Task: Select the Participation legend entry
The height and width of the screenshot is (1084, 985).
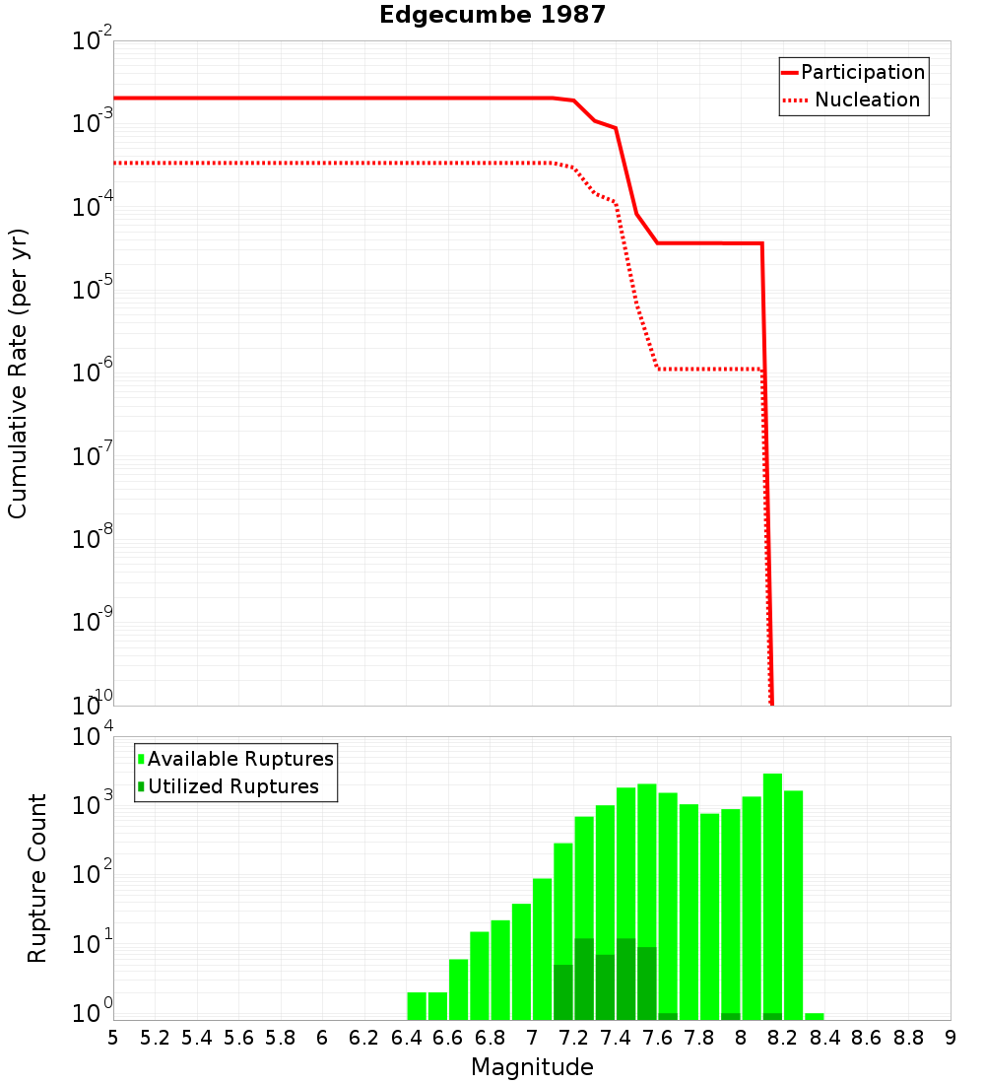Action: (x=863, y=72)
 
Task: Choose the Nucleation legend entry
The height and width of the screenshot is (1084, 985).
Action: (x=867, y=100)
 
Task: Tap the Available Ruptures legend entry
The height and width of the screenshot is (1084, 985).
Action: (x=240, y=759)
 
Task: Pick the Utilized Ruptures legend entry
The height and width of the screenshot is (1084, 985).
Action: (x=232, y=786)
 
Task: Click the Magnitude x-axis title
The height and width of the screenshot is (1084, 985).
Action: (x=532, y=1067)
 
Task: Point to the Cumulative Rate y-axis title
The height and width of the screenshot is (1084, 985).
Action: (x=18, y=373)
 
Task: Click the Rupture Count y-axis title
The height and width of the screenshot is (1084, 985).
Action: (x=37, y=877)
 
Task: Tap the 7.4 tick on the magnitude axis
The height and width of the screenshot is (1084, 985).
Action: (x=616, y=1038)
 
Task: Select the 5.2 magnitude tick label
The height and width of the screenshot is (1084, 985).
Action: (x=155, y=1038)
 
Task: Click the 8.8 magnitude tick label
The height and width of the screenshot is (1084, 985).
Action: (x=908, y=1038)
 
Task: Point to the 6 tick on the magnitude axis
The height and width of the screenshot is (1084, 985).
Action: (x=322, y=1038)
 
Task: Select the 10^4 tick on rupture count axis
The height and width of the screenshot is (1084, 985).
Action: (x=94, y=738)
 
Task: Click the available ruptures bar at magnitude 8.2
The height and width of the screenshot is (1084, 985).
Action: (x=772, y=887)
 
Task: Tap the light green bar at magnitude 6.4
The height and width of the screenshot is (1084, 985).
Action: (x=417, y=1005)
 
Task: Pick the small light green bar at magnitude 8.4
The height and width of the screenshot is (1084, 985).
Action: (x=814, y=1016)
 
